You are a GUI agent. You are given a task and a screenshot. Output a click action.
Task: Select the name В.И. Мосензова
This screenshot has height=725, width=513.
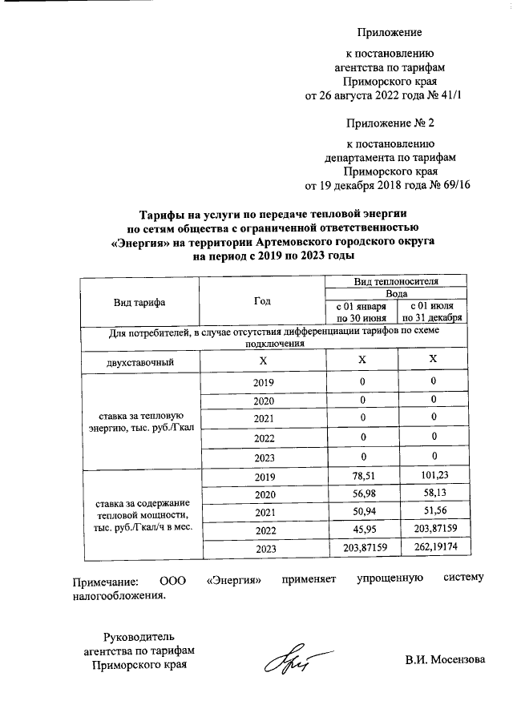click(445, 661)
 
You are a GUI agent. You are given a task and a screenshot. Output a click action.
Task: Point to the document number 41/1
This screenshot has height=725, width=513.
click(453, 96)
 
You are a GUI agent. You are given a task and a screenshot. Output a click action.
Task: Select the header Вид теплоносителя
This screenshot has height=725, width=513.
click(397, 282)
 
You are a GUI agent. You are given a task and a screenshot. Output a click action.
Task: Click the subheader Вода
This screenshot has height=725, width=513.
click(397, 294)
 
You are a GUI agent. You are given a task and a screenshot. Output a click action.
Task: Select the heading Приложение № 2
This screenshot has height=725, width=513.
click(389, 124)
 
